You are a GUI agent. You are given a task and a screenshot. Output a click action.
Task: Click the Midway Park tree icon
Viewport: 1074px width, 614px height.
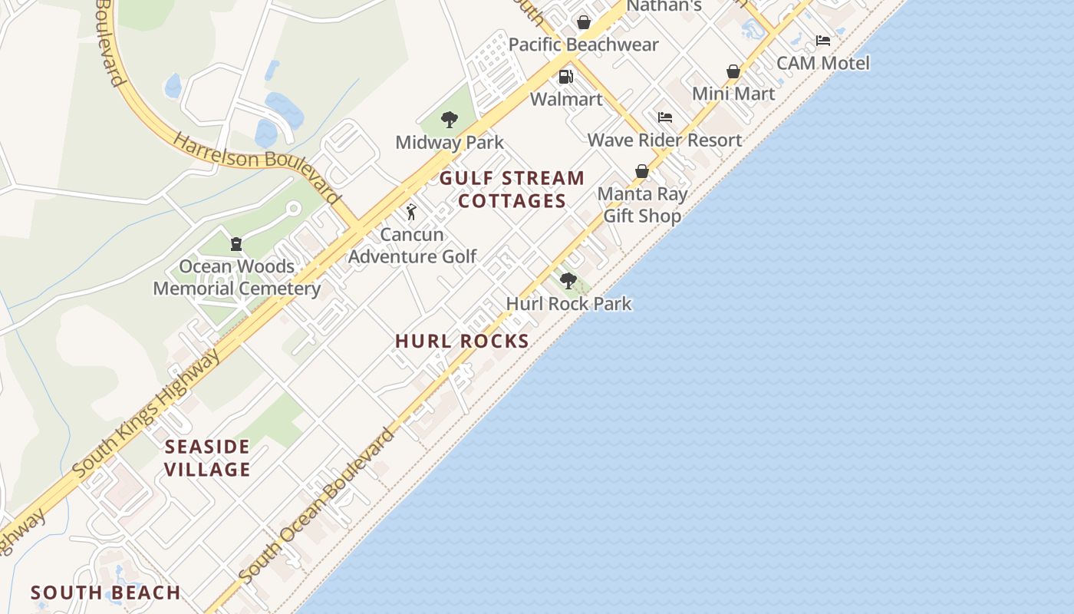point(450,120)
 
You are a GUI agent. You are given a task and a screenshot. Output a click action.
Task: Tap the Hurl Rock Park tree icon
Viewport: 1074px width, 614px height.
point(568,281)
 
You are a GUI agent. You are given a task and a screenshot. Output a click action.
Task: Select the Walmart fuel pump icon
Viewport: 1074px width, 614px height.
point(565,77)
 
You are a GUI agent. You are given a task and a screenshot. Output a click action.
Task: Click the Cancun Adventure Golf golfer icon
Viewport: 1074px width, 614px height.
point(411,212)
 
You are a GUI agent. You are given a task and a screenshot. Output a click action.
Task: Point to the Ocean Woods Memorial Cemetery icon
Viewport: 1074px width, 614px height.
point(236,244)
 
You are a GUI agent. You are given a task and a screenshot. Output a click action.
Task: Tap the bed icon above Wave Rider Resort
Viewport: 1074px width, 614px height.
point(665,117)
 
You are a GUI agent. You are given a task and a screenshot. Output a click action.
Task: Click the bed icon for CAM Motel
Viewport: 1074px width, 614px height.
point(823,41)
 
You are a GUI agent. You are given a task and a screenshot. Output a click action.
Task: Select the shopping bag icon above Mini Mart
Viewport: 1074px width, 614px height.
point(733,71)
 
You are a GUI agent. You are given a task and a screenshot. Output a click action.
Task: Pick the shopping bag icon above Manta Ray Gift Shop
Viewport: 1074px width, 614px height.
point(642,171)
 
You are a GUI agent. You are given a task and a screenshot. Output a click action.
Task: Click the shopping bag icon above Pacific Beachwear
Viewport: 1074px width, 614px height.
point(584,22)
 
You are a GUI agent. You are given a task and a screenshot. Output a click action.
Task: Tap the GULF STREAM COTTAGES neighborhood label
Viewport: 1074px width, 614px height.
point(512,190)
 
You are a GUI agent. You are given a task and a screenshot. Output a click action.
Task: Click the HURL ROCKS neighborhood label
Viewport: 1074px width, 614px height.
point(462,342)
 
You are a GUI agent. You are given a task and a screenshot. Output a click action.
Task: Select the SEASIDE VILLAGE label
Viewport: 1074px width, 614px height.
point(208,458)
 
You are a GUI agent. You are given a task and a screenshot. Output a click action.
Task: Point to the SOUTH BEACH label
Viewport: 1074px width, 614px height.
point(106,593)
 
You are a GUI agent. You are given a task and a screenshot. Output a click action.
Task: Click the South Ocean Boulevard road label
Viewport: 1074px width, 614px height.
point(317,505)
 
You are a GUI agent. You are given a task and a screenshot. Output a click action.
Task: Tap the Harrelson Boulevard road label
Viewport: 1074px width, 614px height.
point(256,167)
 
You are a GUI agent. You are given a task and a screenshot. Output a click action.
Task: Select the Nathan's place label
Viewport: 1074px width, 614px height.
point(664,6)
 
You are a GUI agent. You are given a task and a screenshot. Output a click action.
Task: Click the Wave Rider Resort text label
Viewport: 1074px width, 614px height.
point(665,140)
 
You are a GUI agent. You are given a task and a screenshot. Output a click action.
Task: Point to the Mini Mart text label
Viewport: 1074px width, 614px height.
point(733,94)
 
